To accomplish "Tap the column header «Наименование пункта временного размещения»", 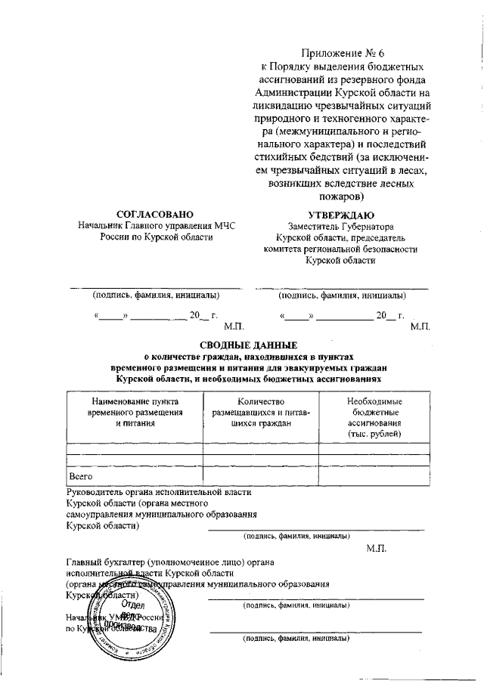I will coord(135,413).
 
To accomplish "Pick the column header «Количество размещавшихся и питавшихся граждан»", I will coord(260,413).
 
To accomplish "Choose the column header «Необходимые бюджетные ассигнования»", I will coord(374,418).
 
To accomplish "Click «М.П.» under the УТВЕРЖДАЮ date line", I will coord(419,327).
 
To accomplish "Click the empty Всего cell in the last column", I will coord(374,478).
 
